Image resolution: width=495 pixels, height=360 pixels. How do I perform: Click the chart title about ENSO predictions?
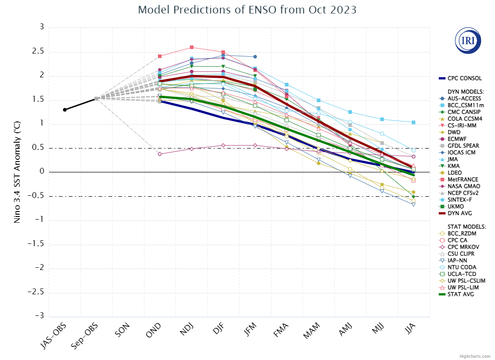tap(247, 10)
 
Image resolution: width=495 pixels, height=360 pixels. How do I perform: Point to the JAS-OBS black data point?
tap(65, 110)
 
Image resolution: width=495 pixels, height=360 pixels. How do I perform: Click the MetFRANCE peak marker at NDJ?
tap(192, 47)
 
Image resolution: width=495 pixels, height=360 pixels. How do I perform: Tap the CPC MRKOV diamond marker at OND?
tap(160, 154)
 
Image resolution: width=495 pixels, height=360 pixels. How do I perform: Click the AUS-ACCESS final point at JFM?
tap(255, 57)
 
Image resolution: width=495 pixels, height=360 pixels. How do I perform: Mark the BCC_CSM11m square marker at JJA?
tap(414, 122)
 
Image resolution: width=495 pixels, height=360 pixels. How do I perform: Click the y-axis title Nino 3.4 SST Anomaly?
tap(17, 172)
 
